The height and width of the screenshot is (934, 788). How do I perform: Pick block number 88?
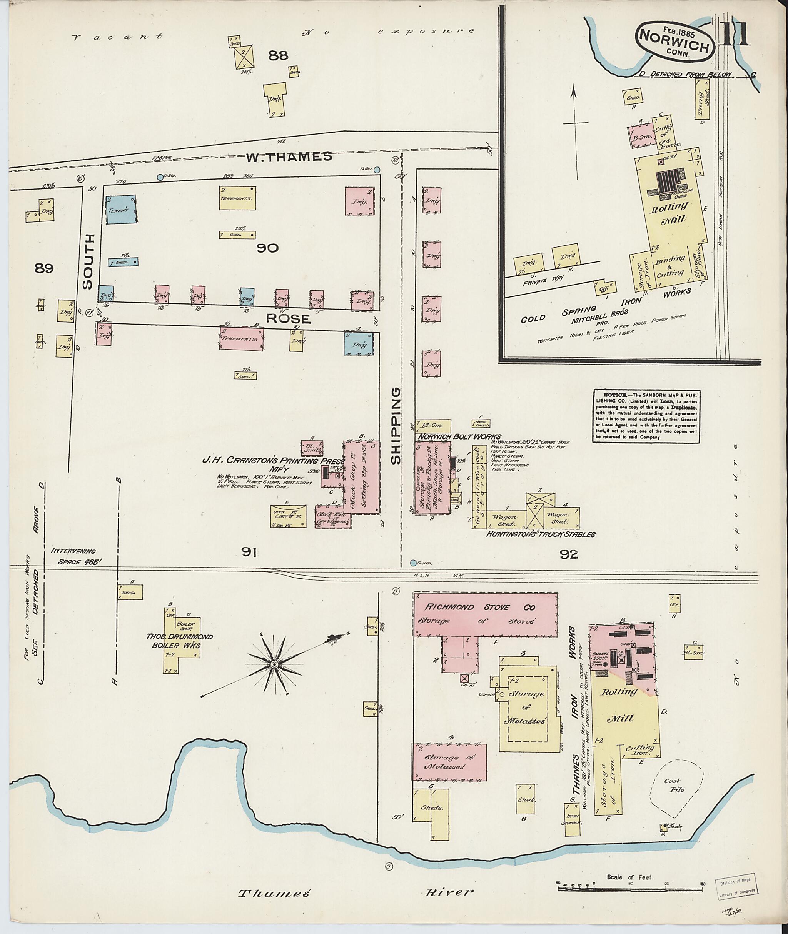[x=278, y=55]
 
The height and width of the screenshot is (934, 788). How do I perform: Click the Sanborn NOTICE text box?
[x=646, y=416]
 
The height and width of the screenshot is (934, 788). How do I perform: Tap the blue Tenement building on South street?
[x=120, y=210]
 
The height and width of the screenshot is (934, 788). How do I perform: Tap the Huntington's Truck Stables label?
[x=541, y=534]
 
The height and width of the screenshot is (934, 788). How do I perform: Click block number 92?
[x=569, y=554]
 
